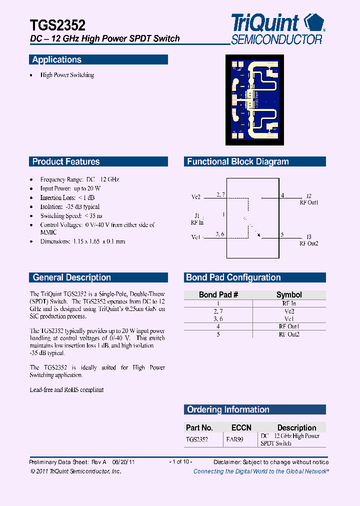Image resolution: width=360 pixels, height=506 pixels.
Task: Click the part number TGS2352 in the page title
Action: tap(57, 25)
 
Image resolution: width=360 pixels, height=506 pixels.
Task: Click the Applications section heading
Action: tap(57, 60)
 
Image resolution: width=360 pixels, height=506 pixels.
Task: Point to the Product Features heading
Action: tap(66, 161)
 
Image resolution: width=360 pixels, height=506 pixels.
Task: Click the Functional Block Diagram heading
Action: tap(238, 161)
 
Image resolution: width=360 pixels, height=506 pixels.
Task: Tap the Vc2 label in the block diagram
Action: tap(196, 197)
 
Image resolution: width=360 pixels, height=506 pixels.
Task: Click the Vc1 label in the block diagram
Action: tap(196, 237)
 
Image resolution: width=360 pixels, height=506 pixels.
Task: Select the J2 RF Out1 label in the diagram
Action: tap(309, 199)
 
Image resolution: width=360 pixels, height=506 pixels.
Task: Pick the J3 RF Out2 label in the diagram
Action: tap(309, 240)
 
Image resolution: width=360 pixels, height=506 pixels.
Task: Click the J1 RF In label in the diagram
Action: tap(197, 219)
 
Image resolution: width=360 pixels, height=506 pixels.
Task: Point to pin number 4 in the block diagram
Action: tap(282, 195)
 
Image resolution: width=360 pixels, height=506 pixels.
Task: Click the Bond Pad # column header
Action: tap(218, 294)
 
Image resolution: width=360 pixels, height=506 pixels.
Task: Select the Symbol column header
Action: tap(289, 294)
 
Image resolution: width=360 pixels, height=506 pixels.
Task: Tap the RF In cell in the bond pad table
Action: tap(289, 303)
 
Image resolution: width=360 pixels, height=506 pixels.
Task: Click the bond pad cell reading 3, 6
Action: tap(218, 318)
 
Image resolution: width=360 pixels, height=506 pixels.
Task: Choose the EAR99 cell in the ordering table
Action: tap(234, 440)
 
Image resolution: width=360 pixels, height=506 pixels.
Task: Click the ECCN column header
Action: tap(241, 427)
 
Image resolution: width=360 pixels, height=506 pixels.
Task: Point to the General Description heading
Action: tap(71, 277)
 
